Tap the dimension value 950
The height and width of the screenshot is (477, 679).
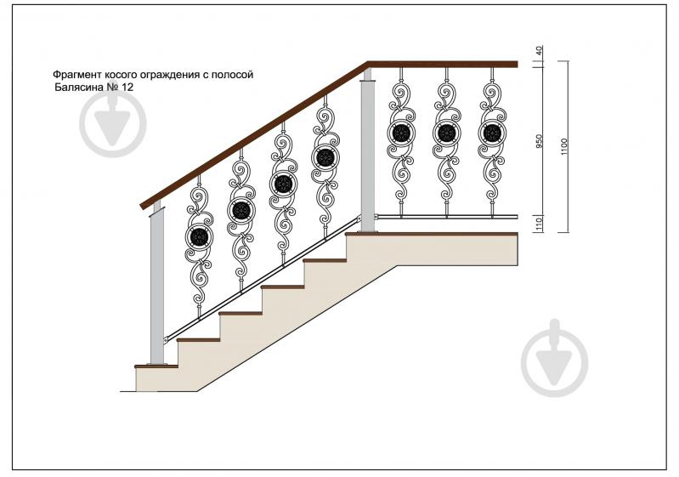click(x=539, y=141)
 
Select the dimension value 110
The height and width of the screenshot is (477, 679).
click(x=539, y=223)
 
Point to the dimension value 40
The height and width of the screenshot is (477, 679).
click(x=539, y=50)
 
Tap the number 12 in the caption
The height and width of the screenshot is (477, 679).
click(x=127, y=87)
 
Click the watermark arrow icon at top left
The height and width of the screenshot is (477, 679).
click(x=112, y=124)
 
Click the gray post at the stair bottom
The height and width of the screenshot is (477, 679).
click(x=156, y=285)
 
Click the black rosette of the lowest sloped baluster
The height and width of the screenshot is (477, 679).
click(x=199, y=237)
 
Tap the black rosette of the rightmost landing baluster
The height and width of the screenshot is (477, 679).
click(x=491, y=133)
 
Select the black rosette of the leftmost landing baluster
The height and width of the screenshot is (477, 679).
click(x=401, y=133)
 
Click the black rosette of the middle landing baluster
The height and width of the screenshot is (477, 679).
click(x=446, y=133)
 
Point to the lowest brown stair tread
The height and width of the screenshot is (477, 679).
click(x=156, y=366)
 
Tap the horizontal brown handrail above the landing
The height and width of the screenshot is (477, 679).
click(x=443, y=64)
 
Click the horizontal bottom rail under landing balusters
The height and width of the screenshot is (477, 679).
click(x=446, y=216)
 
